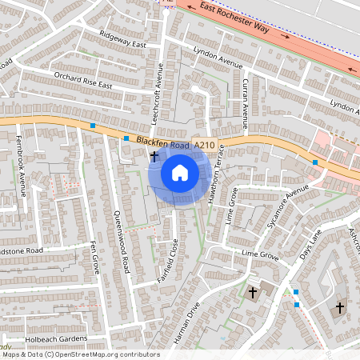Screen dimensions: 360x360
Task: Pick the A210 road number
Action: [x=204, y=146]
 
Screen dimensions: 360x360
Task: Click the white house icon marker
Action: [x=180, y=173]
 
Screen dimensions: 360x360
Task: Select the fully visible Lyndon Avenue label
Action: [x=218, y=57]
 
